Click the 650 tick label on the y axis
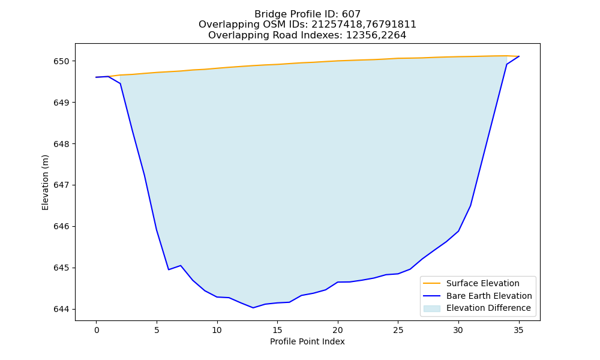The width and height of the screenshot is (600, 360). pos(61,61)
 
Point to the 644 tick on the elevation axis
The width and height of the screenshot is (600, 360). pos(61,309)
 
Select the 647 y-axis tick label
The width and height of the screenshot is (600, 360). pos(61,185)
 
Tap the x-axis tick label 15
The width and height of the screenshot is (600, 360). pos(277,330)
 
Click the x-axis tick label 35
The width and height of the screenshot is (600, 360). pos(518,330)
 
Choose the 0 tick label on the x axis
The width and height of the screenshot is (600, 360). pos(97,330)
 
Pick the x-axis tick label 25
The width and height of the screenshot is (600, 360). pos(398,330)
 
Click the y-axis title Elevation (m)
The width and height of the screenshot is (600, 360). pos(45,182)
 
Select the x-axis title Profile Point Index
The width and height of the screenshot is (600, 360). pos(307,341)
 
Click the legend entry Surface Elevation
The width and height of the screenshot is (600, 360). pos(482,283)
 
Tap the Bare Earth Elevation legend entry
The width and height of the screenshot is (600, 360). pos(489,296)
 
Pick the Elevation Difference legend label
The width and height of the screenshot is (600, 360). pos(488,308)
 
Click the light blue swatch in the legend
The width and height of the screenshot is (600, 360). pos(431,308)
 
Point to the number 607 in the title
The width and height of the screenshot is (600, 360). pos(351,14)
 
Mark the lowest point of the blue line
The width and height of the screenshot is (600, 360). pos(253,308)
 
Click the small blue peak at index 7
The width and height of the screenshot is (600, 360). pos(181,266)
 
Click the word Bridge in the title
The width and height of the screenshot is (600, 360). pos(269,14)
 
